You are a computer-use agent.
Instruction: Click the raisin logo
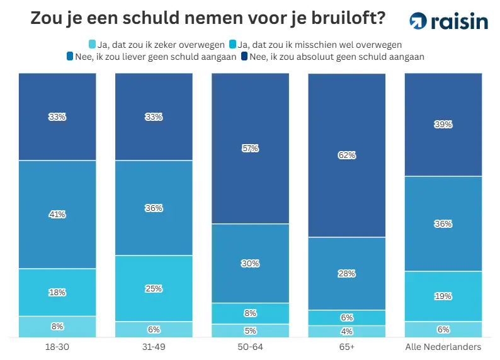point(448,21)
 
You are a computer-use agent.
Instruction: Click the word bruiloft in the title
point(336,20)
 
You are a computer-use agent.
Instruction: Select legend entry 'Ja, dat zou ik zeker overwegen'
point(158,44)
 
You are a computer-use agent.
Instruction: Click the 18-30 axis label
point(57,347)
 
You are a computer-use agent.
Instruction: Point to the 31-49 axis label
point(154,347)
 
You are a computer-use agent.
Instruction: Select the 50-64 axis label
point(250,347)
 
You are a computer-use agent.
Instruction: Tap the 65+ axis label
point(347,347)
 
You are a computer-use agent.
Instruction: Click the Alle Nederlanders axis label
point(443,347)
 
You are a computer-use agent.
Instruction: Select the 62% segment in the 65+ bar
point(347,155)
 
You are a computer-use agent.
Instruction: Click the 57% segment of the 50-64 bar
point(250,149)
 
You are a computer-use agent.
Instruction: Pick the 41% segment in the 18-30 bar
point(57,214)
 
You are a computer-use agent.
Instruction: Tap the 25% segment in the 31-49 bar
point(154,288)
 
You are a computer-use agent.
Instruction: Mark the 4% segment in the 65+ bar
point(347,332)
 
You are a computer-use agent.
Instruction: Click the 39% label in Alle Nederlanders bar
point(443,125)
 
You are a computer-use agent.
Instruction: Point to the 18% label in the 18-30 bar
point(57,292)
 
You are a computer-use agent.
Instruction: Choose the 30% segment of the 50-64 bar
point(250,263)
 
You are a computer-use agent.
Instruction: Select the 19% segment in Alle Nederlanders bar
point(443,296)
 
